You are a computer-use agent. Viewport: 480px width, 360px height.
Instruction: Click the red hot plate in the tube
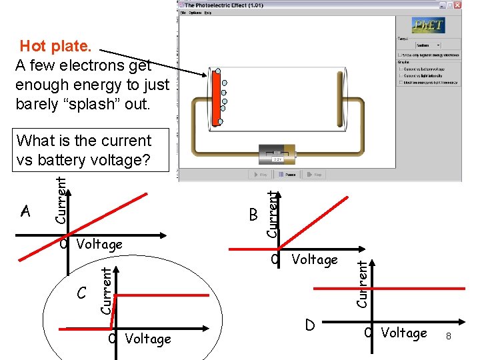click(216, 97)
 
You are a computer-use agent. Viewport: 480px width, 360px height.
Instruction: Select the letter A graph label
click(26, 212)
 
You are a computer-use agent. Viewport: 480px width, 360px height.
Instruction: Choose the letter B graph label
click(253, 215)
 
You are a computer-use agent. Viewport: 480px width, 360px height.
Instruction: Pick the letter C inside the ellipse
click(81, 293)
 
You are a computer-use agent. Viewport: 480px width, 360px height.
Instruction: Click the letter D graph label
click(309, 325)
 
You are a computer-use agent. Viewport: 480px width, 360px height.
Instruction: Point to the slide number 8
click(449, 337)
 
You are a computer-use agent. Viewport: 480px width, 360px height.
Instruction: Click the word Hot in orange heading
click(36, 46)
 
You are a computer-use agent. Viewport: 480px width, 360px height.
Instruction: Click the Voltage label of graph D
click(404, 333)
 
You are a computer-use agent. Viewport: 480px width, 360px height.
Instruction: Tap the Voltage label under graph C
click(148, 339)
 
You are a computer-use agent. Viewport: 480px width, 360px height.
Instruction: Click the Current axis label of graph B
click(271, 212)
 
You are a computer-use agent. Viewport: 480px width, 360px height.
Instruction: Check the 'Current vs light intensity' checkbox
click(400, 75)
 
